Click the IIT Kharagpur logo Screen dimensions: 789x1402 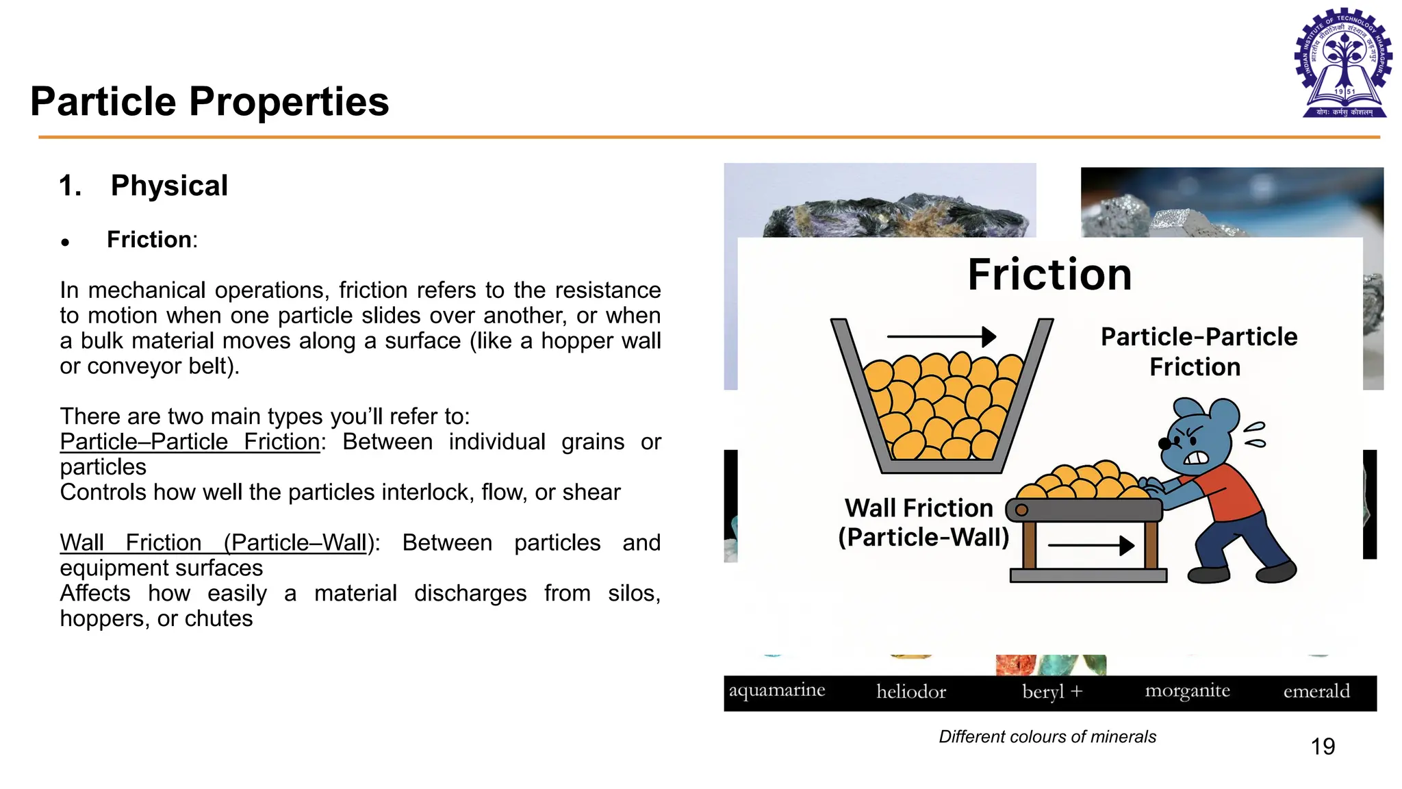tap(1344, 63)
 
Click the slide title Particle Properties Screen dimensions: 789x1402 tap(209, 101)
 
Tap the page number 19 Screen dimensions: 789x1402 tap(1323, 746)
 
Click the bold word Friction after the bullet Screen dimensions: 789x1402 tap(149, 240)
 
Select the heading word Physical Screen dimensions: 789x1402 tap(169, 186)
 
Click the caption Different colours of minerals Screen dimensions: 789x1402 tap(1047, 736)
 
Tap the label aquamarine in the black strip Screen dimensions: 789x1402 tap(776, 690)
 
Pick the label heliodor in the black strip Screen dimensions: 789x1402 tap(911, 692)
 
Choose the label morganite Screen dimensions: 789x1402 tap(1187, 691)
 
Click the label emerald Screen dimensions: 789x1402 tap(1316, 691)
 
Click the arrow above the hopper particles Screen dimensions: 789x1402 tap(941, 336)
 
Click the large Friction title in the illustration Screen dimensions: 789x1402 tap(1049, 275)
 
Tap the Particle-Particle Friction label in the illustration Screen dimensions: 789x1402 tap(1198, 351)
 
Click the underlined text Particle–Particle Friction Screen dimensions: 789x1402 tap(190, 442)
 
